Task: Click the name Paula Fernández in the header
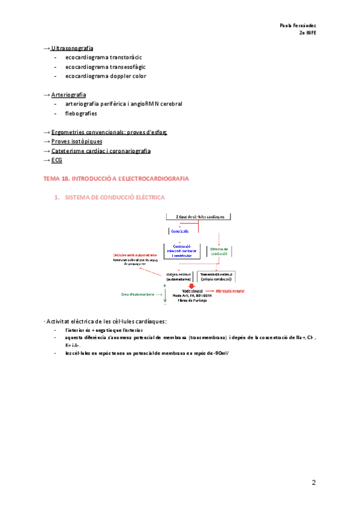point(298,25)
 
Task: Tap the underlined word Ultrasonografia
point(72,47)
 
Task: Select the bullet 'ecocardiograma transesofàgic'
point(106,67)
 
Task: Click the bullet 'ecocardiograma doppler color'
point(106,76)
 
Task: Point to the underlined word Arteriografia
point(68,95)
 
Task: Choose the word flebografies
point(81,113)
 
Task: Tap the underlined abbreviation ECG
point(56,160)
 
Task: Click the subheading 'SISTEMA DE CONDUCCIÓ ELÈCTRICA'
point(114,197)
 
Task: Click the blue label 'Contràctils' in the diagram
point(180,231)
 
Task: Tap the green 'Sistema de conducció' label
point(220,251)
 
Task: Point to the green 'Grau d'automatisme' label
point(142,294)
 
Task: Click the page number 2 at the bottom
point(313,483)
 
